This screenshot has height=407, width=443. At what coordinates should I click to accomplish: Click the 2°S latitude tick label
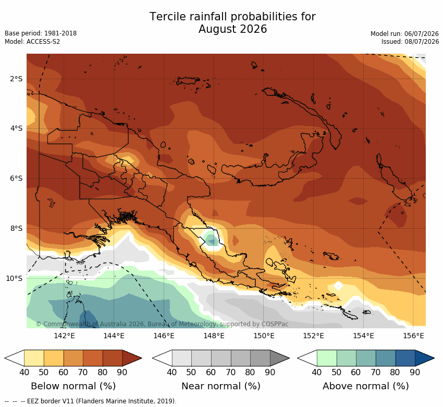(x=16, y=79)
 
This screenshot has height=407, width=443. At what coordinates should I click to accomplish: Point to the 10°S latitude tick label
(x=14, y=278)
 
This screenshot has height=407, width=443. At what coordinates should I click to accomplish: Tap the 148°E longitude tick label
(x=214, y=336)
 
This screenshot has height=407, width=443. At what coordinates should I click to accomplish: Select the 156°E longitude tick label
(x=413, y=336)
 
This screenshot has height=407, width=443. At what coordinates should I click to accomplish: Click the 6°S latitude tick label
(x=16, y=179)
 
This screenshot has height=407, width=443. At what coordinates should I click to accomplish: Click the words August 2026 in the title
(x=232, y=29)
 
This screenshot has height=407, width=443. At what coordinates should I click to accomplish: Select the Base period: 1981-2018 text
(x=41, y=33)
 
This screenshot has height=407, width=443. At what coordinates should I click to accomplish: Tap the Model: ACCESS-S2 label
(x=32, y=42)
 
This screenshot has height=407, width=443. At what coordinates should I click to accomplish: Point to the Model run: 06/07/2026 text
(x=404, y=34)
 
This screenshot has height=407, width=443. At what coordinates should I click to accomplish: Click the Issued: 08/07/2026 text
(x=410, y=42)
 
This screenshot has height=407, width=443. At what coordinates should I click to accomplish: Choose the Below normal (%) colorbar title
(x=73, y=386)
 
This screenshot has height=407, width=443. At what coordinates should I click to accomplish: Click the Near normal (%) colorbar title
(x=221, y=386)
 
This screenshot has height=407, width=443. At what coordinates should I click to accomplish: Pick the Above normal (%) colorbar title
(x=366, y=386)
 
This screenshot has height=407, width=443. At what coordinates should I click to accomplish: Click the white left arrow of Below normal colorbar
(x=15, y=358)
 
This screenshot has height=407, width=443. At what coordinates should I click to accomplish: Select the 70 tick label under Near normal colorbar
(x=230, y=372)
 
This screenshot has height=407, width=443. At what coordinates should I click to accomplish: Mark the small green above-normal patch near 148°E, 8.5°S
(x=211, y=238)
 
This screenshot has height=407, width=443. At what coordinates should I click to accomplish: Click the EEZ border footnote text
(x=90, y=401)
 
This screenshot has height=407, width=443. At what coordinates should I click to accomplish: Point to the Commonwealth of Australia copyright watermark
(x=162, y=324)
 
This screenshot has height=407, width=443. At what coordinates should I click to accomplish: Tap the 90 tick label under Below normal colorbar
(x=122, y=372)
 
